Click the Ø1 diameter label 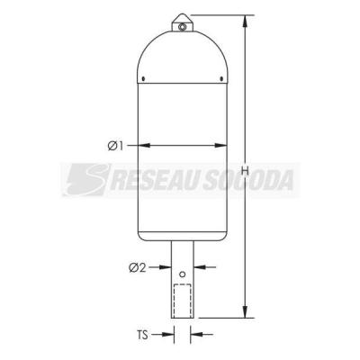click(115, 146)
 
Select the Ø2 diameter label click(138, 267)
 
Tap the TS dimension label click(143, 335)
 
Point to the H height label click(246, 171)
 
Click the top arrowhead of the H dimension click(246, 21)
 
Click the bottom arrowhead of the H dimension click(246, 311)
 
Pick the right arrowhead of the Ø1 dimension click(221, 146)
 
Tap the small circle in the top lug click(182, 27)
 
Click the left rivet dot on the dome click(143, 79)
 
